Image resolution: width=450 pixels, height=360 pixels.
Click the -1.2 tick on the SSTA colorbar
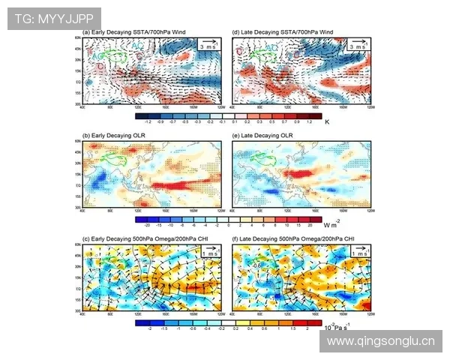click(x=148, y=121)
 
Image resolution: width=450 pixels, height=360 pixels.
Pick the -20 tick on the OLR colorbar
click(x=148, y=223)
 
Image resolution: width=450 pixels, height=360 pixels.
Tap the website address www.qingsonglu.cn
click(x=381, y=341)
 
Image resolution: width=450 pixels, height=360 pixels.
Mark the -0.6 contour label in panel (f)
click(x=257, y=264)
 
